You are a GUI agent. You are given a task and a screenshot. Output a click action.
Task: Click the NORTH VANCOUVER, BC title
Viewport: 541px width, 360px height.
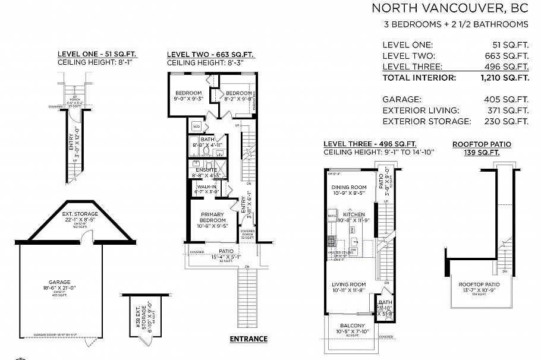(x=449, y=8)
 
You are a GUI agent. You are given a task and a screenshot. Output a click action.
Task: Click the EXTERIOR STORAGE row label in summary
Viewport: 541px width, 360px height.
(x=427, y=121)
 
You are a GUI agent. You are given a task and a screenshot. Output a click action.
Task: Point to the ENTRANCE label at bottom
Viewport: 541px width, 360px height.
(x=248, y=339)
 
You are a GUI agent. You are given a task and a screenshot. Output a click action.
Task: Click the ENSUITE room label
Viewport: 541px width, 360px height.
(x=206, y=169)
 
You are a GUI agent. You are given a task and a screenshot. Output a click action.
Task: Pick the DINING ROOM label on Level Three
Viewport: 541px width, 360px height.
(x=348, y=187)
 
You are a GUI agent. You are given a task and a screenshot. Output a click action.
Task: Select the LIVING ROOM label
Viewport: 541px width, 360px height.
(x=348, y=285)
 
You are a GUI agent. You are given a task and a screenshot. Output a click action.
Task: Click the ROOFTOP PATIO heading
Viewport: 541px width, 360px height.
(x=482, y=144)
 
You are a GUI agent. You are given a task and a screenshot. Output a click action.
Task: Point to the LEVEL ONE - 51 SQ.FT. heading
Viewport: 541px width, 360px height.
(x=97, y=54)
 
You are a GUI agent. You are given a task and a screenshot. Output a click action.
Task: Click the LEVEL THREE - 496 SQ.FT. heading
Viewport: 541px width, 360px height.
(x=369, y=144)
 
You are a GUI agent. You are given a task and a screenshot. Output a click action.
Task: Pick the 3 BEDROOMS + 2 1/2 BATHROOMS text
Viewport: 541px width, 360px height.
(x=456, y=24)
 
